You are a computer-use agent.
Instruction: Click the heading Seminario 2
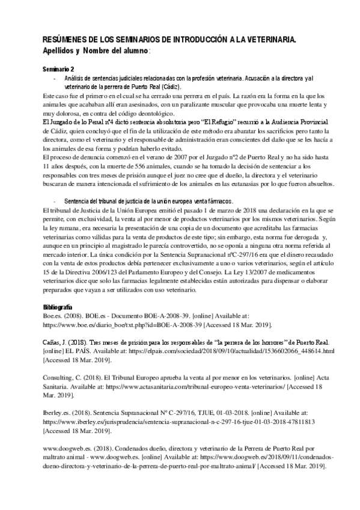click(58, 70)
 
